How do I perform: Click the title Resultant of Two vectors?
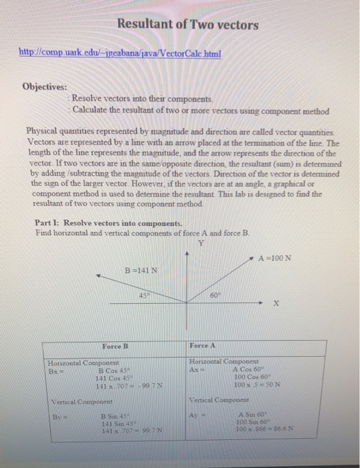coord(187,25)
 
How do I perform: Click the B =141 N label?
coord(141,270)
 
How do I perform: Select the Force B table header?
coord(114,346)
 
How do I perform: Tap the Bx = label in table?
coord(56,369)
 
